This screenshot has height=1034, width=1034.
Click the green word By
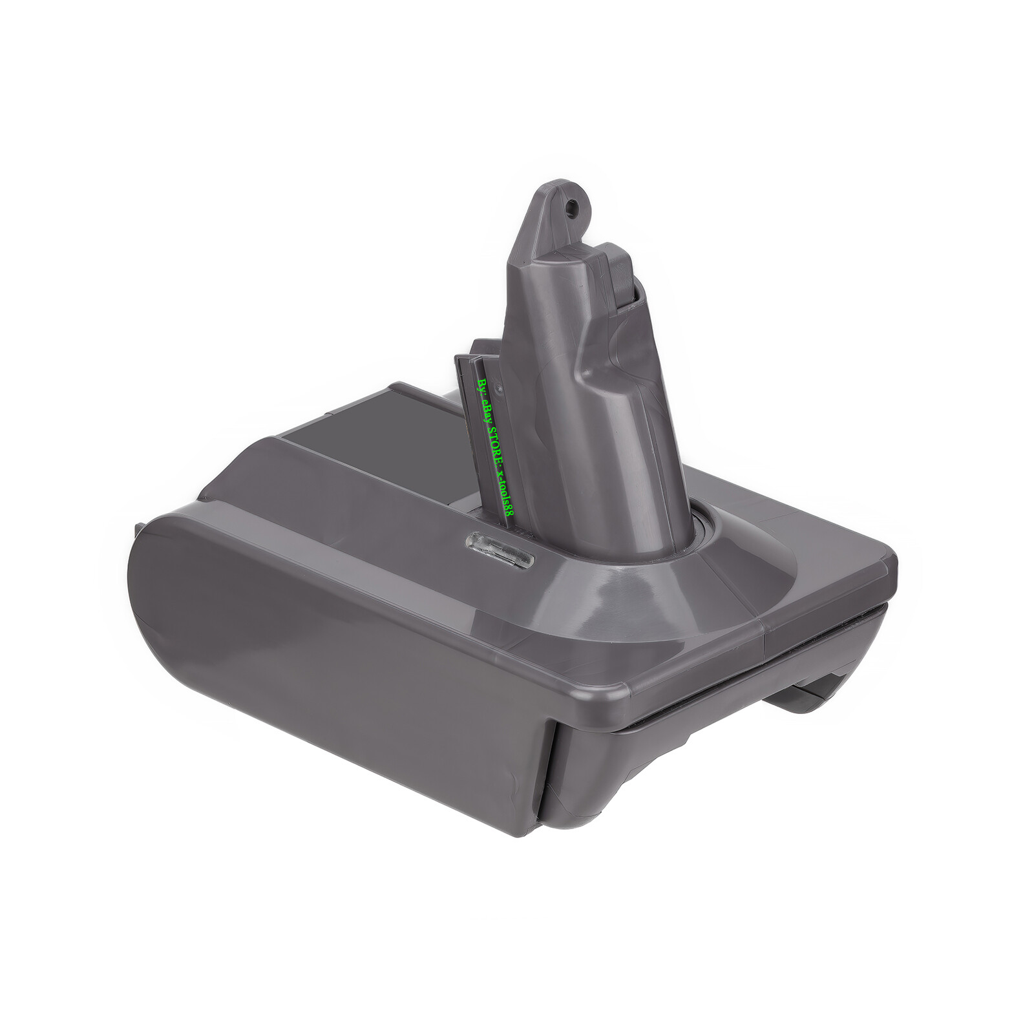[x=480, y=387]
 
